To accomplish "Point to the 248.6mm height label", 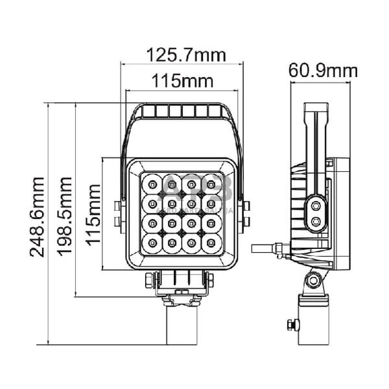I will coord(38,217).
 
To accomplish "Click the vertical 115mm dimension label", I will coord(94,213).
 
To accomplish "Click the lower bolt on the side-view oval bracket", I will coord(316,222).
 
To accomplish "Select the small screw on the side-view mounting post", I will coord(291,324).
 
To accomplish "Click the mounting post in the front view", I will coord(181,324).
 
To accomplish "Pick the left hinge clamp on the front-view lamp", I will coord(118,214).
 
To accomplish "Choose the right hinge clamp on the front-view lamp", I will coord(245,214).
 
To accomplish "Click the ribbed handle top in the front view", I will coord(182,112).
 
